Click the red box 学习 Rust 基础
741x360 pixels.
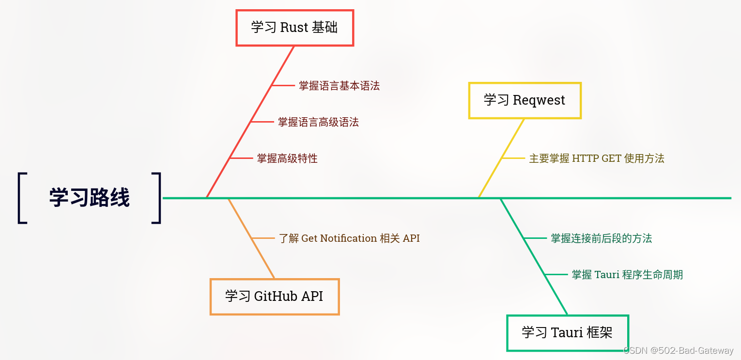click(294, 28)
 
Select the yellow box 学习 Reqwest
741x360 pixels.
click(525, 100)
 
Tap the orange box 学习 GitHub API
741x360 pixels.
click(274, 297)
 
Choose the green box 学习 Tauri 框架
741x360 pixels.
click(567, 333)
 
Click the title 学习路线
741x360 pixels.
click(90, 198)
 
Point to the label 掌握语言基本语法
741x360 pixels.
click(339, 86)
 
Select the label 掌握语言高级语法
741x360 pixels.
click(318, 122)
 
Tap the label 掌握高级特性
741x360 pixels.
click(287, 158)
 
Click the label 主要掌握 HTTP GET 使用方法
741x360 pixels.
click(596, 158)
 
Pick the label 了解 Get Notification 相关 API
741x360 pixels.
click(349, 238)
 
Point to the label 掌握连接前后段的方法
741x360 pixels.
click(601, 238)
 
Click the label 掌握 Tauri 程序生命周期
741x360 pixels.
click(627, 275)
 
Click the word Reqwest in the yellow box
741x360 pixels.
click(539, 100)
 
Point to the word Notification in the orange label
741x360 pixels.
click(348, 238)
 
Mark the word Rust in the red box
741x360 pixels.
click(294, 28)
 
